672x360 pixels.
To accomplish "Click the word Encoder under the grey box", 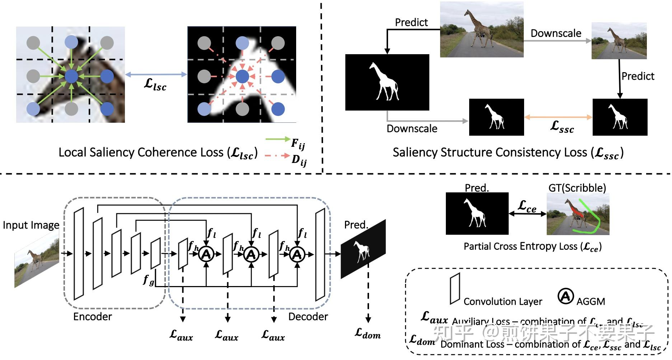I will pyautogui.click(x=93, y=317).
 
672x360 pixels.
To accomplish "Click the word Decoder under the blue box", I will pyautogui.click(x=308, y=317).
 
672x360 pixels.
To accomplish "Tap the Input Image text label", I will pyautogui.click(x=31, y=225).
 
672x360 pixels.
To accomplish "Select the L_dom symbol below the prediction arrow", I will pyautogui.click(x=368, y=333).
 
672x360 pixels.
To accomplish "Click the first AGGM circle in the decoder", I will pyautogui.click(x=206, y=254).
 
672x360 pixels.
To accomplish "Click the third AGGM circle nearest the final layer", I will pyautogui.click(x=297, y=254).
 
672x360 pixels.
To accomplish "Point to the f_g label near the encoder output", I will pyautogui.click(x=148, y=279).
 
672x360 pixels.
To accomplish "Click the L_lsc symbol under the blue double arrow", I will pyautogui.click(x=155, y=84).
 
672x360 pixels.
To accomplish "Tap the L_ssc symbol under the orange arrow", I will pyautogui.click(x=562, y=127).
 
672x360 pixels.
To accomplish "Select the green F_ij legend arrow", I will pyautogui.click(x=277, y=139).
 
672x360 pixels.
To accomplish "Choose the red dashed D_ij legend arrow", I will pyautogui.click(x=277, y=156).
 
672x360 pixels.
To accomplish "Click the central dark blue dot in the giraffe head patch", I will pyautogui.click(x=71, y=76).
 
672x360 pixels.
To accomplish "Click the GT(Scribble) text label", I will pyautogui.click(x=577, y=188).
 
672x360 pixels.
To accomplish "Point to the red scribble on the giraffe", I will pyautogui.click(x=575, y=211).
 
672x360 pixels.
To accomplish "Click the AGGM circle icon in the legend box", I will pyautogui.click(x=565, y=296).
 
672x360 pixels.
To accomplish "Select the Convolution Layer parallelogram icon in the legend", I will pyautogui.click(x=455, y=289).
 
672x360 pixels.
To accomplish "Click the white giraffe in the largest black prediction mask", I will pyautogui.click(x=383, y=81).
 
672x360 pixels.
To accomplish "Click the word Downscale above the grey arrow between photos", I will pyautogui.click(x=556, y=33).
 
